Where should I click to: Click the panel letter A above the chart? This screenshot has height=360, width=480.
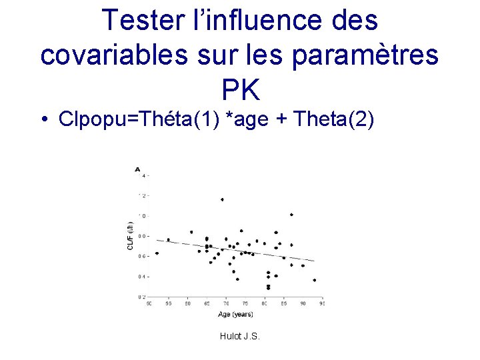(137, 170)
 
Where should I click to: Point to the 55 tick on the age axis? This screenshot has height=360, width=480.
(168, 303)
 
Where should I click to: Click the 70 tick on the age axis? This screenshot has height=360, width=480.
(226, 303)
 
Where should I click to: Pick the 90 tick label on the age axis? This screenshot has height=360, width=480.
(303, 303)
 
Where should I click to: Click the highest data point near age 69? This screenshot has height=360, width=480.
(222, 199)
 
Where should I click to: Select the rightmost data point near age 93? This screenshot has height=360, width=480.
(314, 280)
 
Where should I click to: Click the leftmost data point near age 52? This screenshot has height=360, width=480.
(157, 253)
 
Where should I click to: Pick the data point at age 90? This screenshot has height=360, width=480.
(303, 265)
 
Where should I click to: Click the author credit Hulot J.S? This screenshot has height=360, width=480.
(239, 336)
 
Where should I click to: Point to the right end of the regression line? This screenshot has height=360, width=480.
(314, 260)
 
